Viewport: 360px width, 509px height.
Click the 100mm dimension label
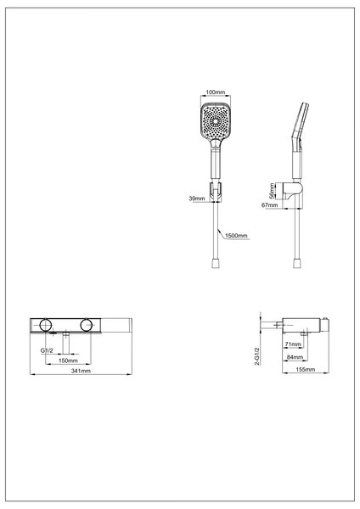215,92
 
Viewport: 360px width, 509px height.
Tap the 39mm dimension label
197,199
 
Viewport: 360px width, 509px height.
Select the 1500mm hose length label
236,236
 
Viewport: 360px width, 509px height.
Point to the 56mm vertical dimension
272,191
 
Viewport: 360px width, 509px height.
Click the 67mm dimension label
270,205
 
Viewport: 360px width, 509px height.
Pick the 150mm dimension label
68,361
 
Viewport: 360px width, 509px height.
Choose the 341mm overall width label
81,371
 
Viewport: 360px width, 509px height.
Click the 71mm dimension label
293,344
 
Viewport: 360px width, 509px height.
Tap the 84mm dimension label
295,357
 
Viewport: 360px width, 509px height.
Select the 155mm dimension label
306,369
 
